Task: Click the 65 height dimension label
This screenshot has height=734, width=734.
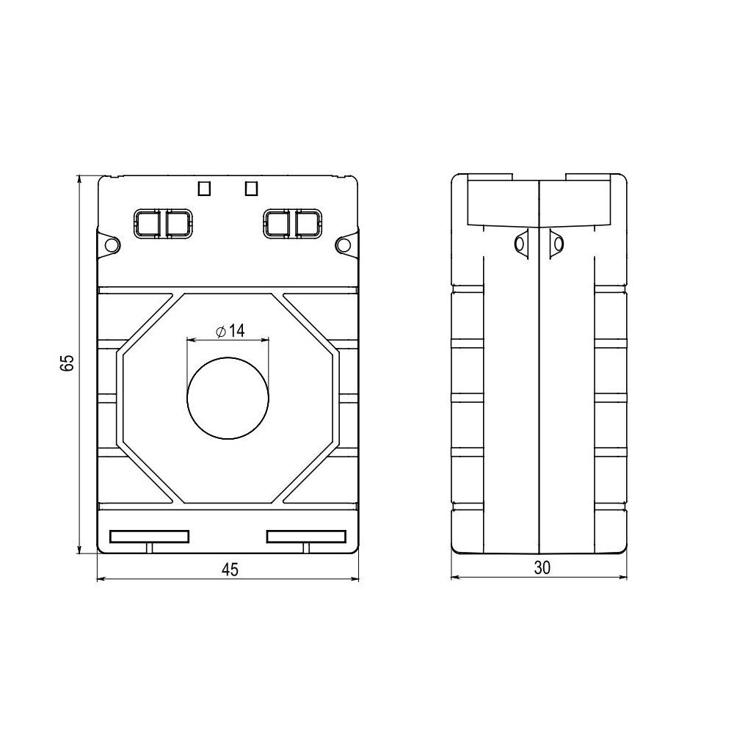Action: coord(68,364)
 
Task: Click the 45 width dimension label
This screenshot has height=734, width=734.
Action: coord(230,570)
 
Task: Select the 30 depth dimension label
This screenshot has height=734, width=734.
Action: coord(542,567)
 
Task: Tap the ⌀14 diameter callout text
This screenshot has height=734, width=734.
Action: coord(230,331)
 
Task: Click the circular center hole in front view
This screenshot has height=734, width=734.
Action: coord(228,399)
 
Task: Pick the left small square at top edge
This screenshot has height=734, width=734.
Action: coord(205,189)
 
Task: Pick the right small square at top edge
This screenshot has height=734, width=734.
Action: coord(251,189)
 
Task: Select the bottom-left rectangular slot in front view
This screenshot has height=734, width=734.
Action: coord(149,537)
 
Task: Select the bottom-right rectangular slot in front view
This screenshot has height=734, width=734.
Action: coord(306,537)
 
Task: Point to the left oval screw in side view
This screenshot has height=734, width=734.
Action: coord(521,244)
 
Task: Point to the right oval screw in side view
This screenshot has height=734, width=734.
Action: coord(557,244)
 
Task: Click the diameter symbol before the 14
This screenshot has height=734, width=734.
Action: coord(221,332)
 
